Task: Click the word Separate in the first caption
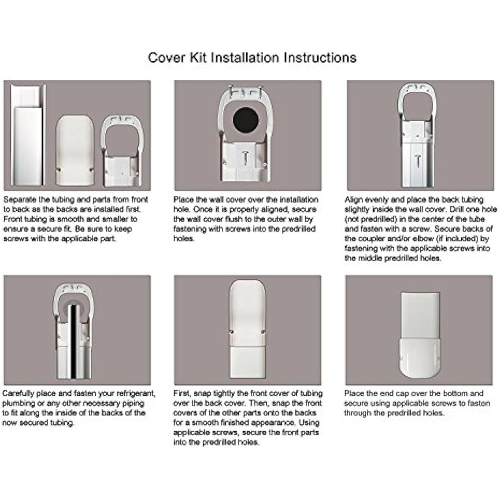18,199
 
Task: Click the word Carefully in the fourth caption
19,393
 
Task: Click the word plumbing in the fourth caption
18,403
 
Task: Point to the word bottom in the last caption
457,393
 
